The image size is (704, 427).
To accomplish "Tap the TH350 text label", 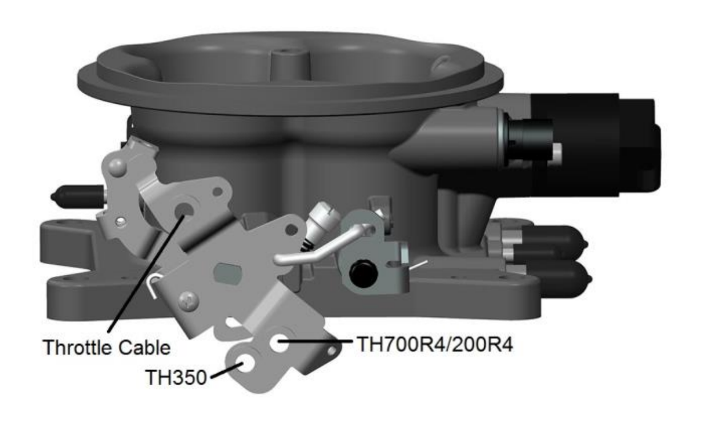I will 176,378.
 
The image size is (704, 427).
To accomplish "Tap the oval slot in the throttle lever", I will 227,272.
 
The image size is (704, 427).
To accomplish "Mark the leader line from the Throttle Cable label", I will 145,272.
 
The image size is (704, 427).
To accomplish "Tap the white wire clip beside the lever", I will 153,284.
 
